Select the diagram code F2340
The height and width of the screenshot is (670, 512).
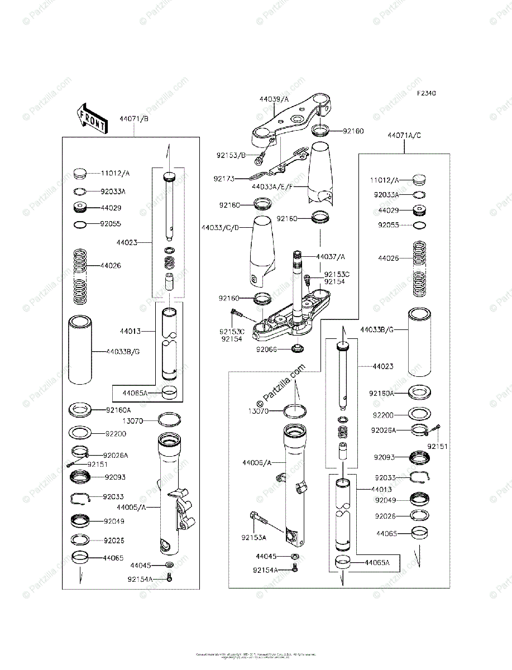pyautogui.click(x=425, y=93)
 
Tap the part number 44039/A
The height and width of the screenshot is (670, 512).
pyautogui.click(x=274, y=99)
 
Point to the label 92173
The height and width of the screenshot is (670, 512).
pyautogui.click(x=224, y=179)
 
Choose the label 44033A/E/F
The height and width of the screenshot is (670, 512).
pyautogui.click(x=272, y=186)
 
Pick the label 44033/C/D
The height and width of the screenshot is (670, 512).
pyautogui.click(x=220, y=227)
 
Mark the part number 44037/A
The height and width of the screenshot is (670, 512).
pyautogui.click(x=331, y=256)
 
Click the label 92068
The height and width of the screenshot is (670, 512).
pyautogui.click(x=267, y=350)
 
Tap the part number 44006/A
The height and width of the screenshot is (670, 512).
pyautogui.click(x=257, y=462)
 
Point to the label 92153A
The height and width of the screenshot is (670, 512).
pyautogui.click(x=253, y=537)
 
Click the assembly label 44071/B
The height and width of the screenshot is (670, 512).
pyautogui.click(x=133, y=119)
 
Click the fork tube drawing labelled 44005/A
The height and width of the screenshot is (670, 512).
pyautogui.click(x=170, y=491)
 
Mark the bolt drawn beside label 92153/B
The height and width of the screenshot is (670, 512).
pyautogui.click(x=260, y=159)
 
